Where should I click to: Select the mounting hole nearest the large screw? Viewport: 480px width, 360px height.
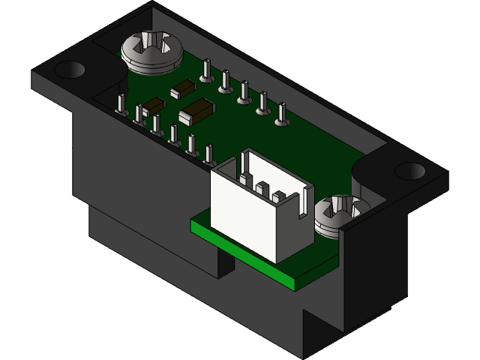tap(70, 70)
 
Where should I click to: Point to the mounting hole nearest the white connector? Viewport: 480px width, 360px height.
tap(409, 170)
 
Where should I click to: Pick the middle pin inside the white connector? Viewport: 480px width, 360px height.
tap(261, 186)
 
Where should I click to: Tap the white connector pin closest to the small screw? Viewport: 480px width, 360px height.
tap(279, 196)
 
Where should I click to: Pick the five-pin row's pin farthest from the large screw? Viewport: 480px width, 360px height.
tap(281, 115)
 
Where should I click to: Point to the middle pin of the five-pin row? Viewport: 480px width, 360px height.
tap(243, 93)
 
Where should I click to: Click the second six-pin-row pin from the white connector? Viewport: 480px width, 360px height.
tap(191, 144)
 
